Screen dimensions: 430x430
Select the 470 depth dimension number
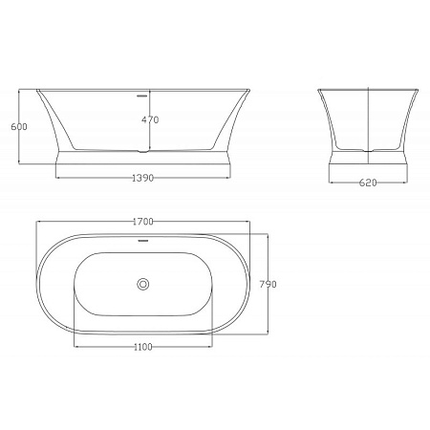pos(149,120)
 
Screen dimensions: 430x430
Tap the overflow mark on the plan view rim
pos(142,240)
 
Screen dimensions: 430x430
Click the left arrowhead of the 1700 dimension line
pos(38,222)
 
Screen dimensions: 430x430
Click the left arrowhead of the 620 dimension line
pos(330,184)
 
